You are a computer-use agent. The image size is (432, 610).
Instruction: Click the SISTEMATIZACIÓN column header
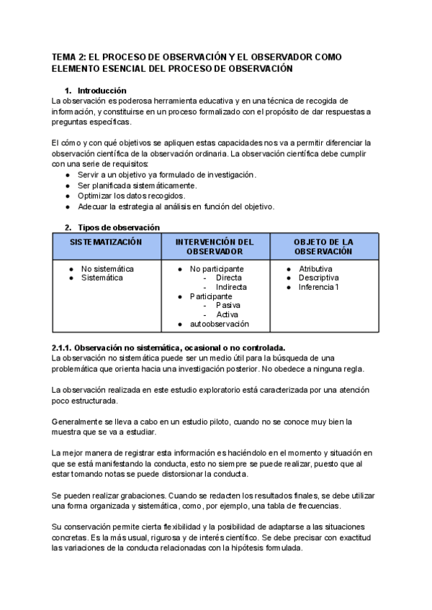tap(106, 242)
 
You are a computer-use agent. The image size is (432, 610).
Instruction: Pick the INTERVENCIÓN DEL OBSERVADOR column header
tap(215, 247)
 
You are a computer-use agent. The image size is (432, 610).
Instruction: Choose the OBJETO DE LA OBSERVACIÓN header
tap(323, 247)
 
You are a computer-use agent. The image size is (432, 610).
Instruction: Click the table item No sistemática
tap(107, 269)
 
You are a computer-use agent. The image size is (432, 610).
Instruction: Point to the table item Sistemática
tap(102, 278)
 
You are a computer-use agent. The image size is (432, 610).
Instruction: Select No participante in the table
tap(217, 269)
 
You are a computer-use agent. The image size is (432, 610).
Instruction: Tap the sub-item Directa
tap(228, 278)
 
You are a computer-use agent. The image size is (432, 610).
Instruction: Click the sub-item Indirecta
tap(231, 287)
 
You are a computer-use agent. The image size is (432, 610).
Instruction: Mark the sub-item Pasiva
tap(228, 306)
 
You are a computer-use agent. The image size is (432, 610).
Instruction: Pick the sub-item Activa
tap(227, 314)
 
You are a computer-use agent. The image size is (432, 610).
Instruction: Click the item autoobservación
tap(220, 324)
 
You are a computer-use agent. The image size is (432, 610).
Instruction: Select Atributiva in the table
tap(315, 269)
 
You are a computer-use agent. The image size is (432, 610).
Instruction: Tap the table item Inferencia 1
tap(318, 287)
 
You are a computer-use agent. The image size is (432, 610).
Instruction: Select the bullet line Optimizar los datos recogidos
tap(132, 196)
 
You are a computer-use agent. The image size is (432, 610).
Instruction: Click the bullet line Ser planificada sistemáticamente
tap(137, 186)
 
